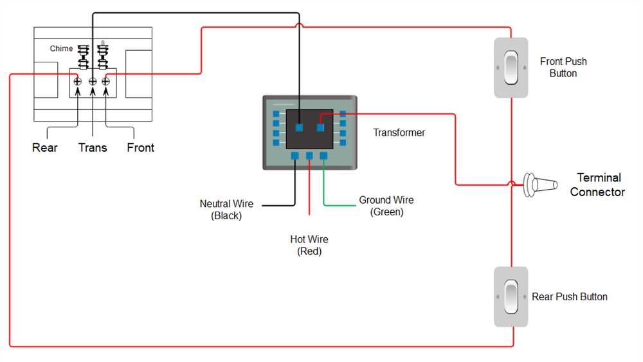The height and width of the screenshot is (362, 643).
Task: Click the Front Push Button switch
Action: [x=511, y=68]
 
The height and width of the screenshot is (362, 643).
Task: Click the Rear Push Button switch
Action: [x=511, y=296]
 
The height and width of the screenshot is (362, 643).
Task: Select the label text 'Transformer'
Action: [x=399, y=132]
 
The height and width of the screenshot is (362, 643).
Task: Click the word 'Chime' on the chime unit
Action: [x=62, y=49]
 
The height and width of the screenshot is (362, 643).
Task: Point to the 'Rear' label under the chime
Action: [x=45, y=148]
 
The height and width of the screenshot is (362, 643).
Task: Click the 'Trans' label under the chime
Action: [x=93, y=148]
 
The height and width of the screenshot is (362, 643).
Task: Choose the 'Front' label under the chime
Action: [x=140, y=148]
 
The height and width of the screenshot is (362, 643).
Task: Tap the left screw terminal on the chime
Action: [x=78, y=81]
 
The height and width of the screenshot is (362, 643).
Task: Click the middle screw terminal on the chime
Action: [x=93, y=81]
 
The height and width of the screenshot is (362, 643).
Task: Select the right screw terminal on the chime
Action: [x=106, y=81]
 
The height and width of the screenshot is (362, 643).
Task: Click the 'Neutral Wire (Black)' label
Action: [x=226, y=210]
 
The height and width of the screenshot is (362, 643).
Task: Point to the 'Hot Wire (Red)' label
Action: [x=309, y=246]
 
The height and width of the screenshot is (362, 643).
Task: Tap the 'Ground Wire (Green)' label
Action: [x=386, y=206]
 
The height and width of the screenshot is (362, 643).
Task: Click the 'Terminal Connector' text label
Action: [x=597, y=185]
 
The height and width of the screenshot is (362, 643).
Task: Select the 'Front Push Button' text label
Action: [x=563, y=68]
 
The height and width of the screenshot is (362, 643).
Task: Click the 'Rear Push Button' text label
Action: [x=570, y=297]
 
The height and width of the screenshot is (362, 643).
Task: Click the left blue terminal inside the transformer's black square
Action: [x=299, y=127]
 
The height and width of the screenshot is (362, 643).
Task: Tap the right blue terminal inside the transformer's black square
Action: [x=320, y=127]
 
